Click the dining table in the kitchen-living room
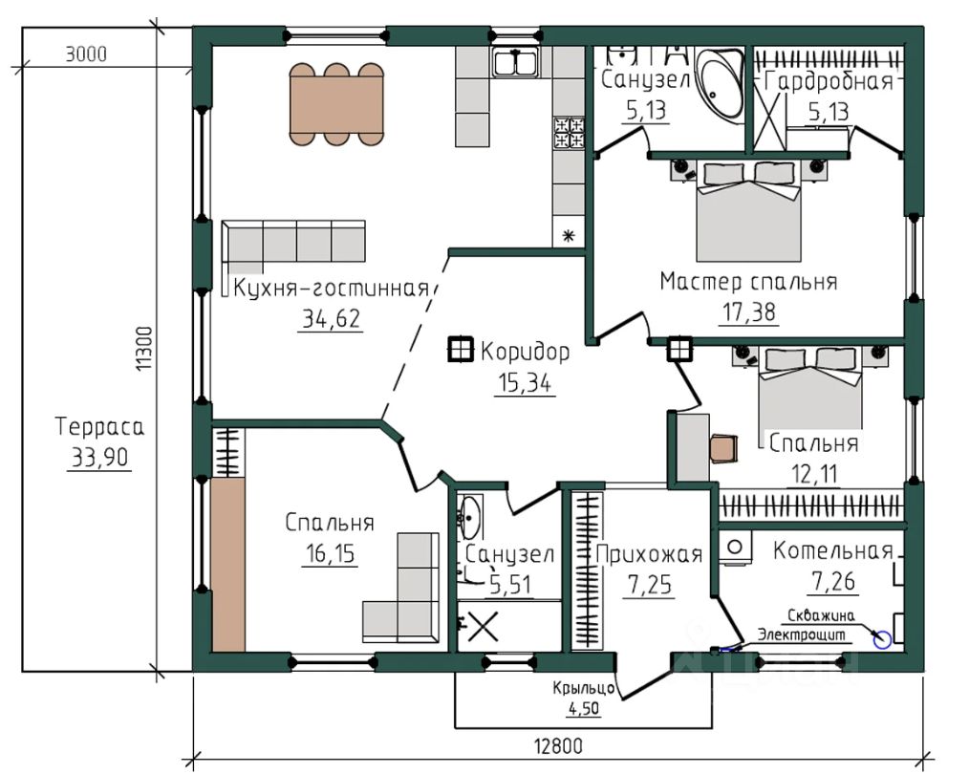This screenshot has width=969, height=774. pos(336,104)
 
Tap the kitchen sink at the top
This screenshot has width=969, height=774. pos(515,62)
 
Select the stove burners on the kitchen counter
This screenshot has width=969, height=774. pos(569,133)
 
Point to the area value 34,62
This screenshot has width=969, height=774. pos(331,319)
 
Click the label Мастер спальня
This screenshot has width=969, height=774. pos(748,282)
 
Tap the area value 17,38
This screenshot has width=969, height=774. pos(749,312)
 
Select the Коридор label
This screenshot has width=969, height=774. pos(526,352)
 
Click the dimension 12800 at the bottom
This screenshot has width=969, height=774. pos(558,746)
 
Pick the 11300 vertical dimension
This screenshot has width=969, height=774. pos(143,349)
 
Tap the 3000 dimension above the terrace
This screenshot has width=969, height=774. pos(86,54)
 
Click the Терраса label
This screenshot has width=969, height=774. pos(99,427)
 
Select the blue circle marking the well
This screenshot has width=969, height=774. pos(882,640)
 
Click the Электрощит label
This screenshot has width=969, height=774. pos(802,634)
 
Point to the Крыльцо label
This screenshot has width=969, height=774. pos(583,688)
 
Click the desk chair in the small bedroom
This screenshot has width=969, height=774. pos(723,448)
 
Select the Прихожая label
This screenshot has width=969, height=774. pos(649,554)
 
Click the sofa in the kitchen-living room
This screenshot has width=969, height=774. pos(293,245)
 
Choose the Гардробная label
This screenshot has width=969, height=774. pos(829,81)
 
